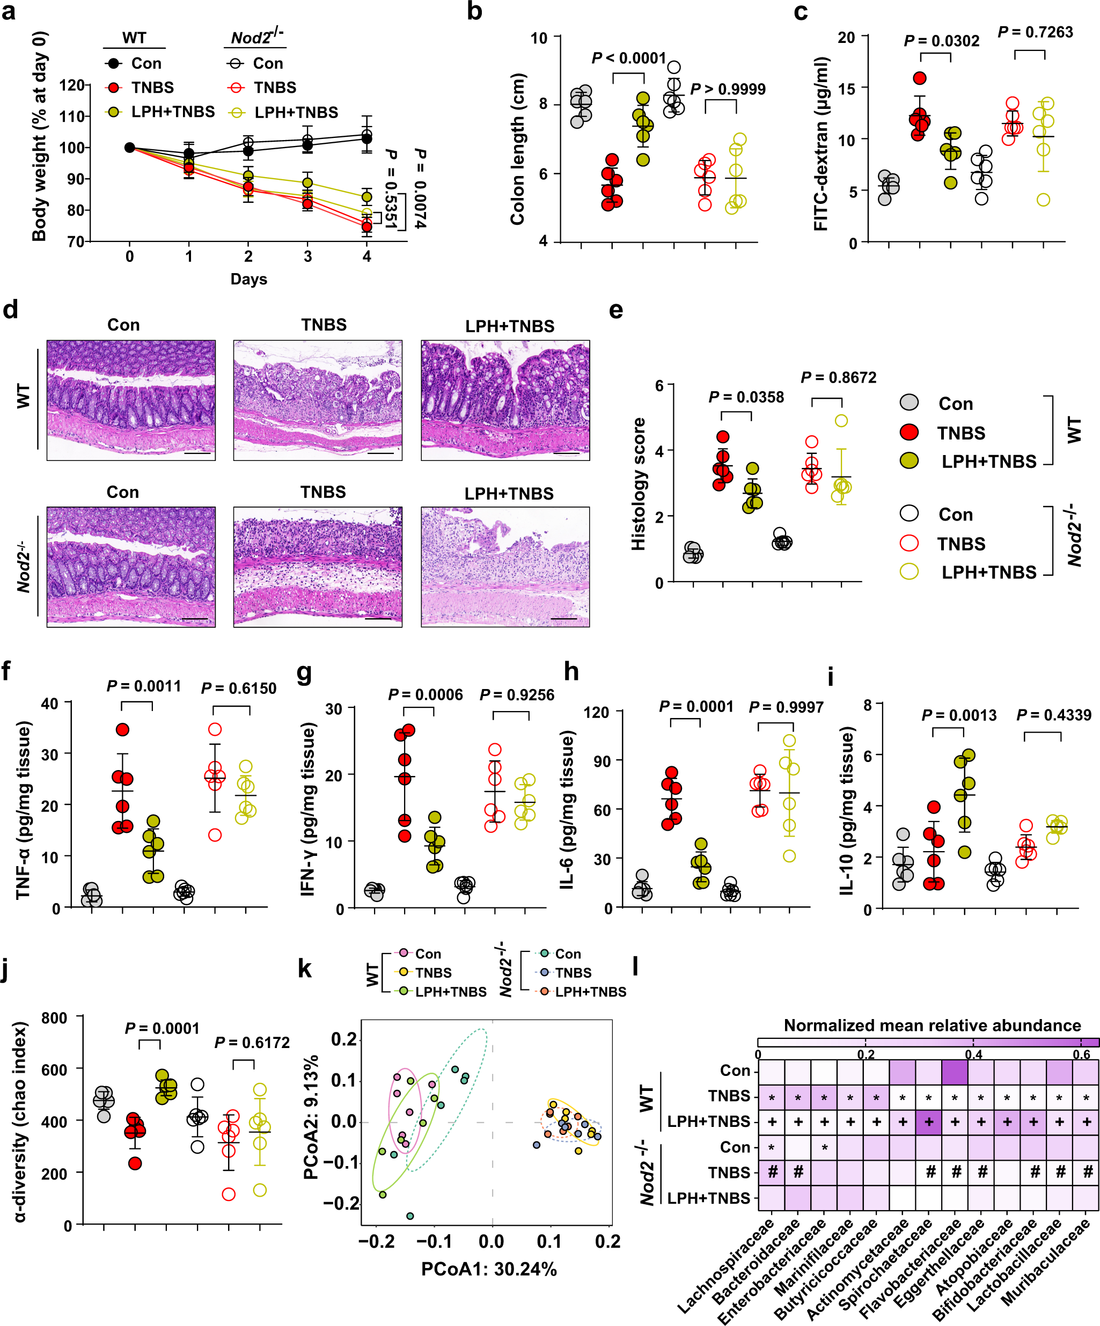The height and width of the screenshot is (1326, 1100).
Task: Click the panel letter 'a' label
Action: click(8, 11)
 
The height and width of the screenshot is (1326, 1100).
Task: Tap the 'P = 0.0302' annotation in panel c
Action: click(942, 41)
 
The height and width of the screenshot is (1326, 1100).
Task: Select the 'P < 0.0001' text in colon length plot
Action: click(628, 58)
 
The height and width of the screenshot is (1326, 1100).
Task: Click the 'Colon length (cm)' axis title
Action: click(518, 149)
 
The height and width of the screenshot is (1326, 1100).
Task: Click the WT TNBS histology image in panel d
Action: click(318, 400)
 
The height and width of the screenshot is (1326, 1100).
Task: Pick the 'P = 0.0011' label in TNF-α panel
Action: click(143, 686)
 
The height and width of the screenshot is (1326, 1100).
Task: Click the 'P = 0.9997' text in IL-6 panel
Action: click(786, 707)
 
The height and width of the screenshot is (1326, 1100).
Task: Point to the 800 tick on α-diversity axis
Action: click(54, 1018)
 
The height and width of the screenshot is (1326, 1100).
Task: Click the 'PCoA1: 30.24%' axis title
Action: click(489, 1269)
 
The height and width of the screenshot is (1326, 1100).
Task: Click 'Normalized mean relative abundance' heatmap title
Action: click(932, 1025)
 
